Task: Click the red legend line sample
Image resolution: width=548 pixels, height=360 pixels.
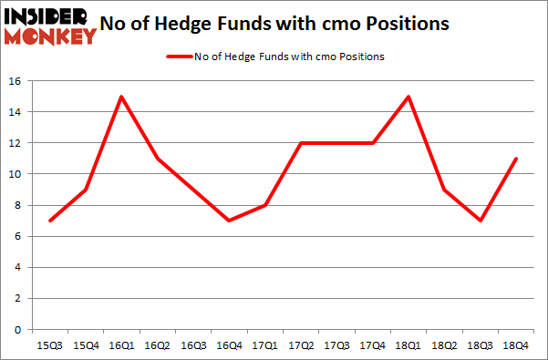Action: (179, 57)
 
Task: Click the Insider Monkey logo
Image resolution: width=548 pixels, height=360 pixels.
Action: (50, 26)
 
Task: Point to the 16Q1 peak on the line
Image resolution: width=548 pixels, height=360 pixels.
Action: (120, 97)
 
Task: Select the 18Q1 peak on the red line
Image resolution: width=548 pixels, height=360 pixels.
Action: (408, 97)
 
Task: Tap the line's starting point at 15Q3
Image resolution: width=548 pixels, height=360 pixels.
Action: (49, 221)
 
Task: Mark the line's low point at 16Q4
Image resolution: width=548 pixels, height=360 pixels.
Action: (229, 221)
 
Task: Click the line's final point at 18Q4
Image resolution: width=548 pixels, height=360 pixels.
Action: (516, 159)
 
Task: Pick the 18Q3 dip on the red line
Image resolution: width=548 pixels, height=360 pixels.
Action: (481, 221)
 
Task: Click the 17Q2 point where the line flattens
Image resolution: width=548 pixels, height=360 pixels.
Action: (301, 143)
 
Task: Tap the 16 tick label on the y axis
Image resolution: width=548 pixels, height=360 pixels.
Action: (16, 81)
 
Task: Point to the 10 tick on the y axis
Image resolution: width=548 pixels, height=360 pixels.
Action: (16, 174)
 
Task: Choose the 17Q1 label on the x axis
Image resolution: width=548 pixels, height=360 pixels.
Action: (264, 345)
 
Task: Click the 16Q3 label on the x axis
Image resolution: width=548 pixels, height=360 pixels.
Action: (192, 345)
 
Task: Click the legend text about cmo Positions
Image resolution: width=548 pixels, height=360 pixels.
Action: (289, 57)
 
